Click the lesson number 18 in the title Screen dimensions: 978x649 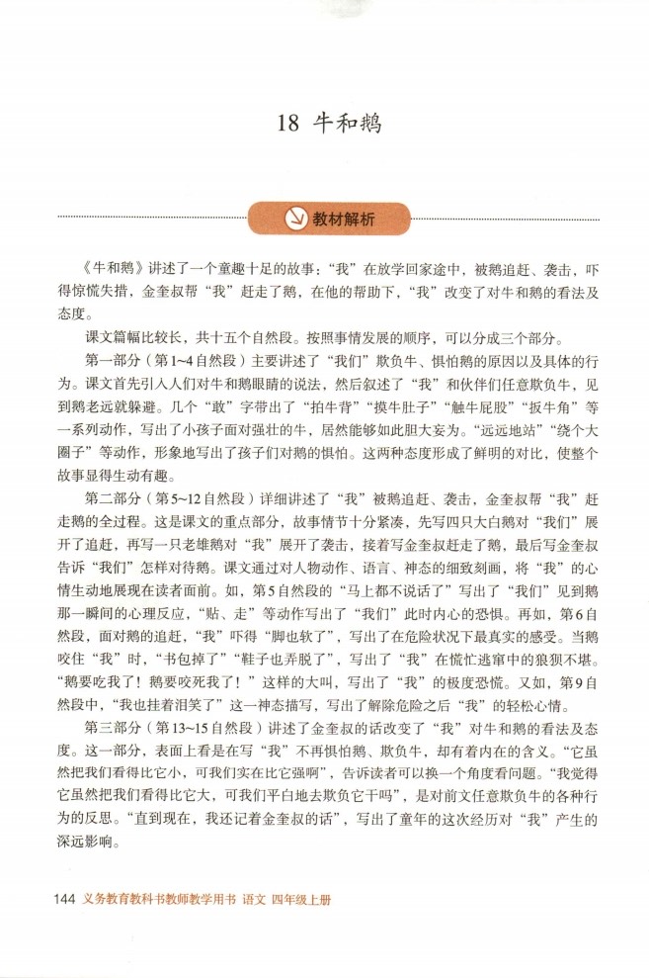(x=287, y=125)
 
